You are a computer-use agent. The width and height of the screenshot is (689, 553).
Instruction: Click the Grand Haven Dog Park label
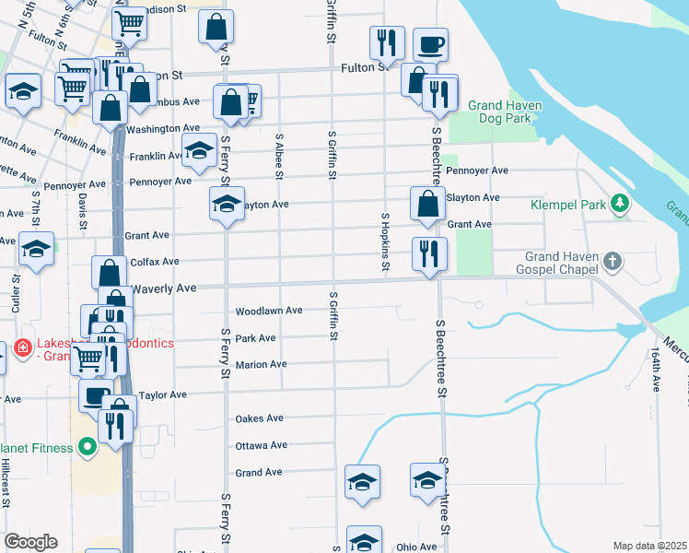pos(504,112)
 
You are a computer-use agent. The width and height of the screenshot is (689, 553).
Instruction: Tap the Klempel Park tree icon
pos(622,203)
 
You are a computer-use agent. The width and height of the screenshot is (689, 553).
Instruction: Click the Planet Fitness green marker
pos(88,449)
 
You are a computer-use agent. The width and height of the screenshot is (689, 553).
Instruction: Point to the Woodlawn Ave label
pos(269,312)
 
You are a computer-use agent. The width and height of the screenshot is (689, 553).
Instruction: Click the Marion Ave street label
pos(261,365)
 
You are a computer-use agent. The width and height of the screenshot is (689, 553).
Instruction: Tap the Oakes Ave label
pos(260,418)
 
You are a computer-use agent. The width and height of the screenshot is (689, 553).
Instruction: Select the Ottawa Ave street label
pos(262,445)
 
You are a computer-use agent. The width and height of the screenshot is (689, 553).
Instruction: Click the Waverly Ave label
pos(165,288)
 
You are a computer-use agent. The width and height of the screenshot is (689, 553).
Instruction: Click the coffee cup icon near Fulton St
pos(430,44)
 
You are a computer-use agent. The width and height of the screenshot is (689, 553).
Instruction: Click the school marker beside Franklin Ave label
pos(198,153)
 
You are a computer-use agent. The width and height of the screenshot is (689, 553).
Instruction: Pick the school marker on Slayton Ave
pos(226,205)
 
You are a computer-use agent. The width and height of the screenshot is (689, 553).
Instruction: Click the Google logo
pos(30,542)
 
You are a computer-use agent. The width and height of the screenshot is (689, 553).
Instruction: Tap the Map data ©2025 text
pos(648,546)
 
